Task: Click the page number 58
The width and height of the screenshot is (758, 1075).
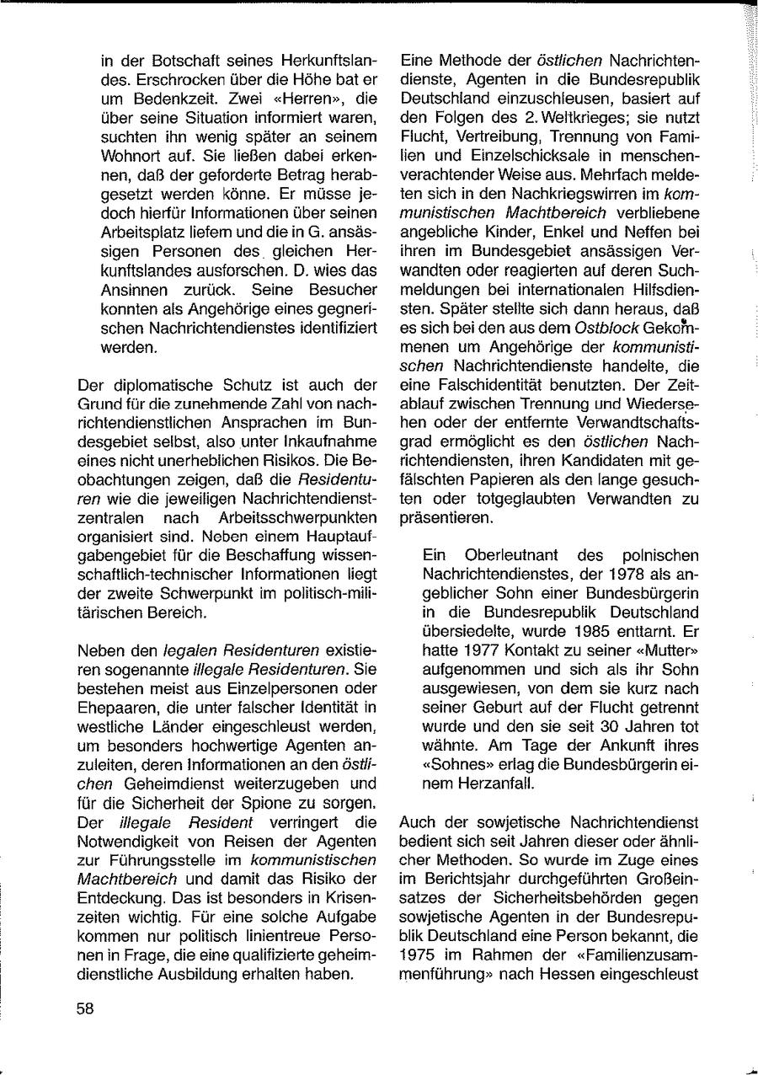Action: (85, 1009)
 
